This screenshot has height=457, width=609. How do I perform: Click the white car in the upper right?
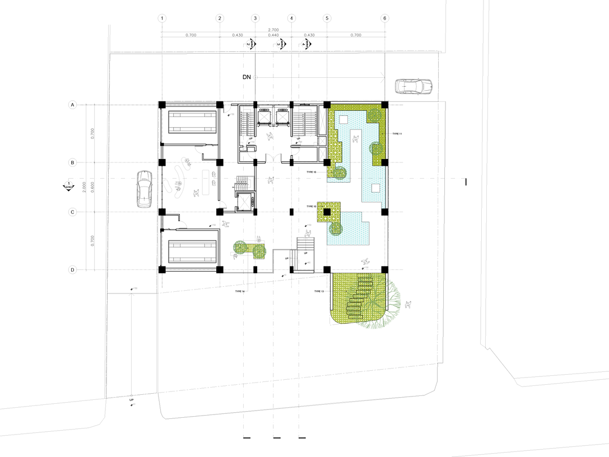(x=413, y=86)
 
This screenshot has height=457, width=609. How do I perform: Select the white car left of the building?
(x=144, y=189)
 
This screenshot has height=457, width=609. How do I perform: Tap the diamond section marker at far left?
(x=68, y=186)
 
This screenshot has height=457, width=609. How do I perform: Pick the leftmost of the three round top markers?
(x=249, y=43)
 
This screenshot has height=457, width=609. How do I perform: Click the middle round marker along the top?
(x=281, y=43)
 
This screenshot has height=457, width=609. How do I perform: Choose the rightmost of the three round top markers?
(x=305, y=43)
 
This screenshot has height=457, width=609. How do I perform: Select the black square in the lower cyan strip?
(x=375, y=188)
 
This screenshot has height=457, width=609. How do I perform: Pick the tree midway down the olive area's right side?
(x=376, y=149)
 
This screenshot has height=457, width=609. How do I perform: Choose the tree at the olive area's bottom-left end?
(x=338, y=172)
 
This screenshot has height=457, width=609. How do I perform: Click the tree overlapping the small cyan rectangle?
(x=336, y=228)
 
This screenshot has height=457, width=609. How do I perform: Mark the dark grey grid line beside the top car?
(x=385, y=62)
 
